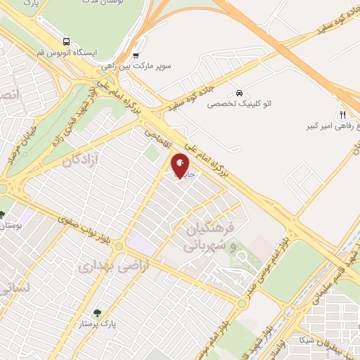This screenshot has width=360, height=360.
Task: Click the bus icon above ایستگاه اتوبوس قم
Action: coord(66,41)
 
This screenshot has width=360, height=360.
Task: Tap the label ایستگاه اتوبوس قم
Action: coord(67,53)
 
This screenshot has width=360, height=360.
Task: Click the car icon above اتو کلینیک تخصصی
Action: coord(240,93)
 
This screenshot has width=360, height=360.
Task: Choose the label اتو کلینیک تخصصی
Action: coord(239,103)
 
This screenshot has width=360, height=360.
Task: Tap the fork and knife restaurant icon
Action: coord(342,115)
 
